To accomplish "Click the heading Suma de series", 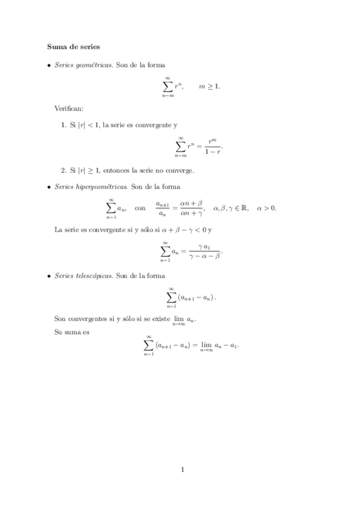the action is (x=73, y=46).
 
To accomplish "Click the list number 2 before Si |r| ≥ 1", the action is (x=64, y=170).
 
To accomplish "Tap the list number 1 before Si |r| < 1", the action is (x=64, y=125).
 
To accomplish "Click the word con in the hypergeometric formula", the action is (x=140, y=208).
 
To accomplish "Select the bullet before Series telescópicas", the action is (x=49, y=275).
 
